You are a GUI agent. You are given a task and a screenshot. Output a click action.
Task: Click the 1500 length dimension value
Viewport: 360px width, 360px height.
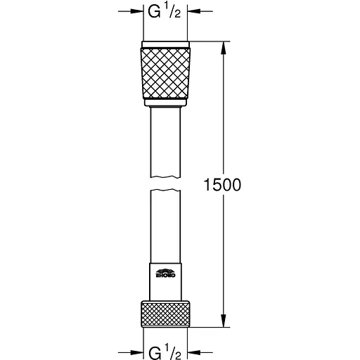(221, 185)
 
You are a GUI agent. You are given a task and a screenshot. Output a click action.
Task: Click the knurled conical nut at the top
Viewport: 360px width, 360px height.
(167, 73)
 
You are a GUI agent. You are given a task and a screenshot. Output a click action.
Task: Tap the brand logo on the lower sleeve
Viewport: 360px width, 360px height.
(167, 272)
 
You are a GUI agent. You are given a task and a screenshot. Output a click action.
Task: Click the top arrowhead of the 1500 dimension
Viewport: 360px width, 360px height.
(224, 47)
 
